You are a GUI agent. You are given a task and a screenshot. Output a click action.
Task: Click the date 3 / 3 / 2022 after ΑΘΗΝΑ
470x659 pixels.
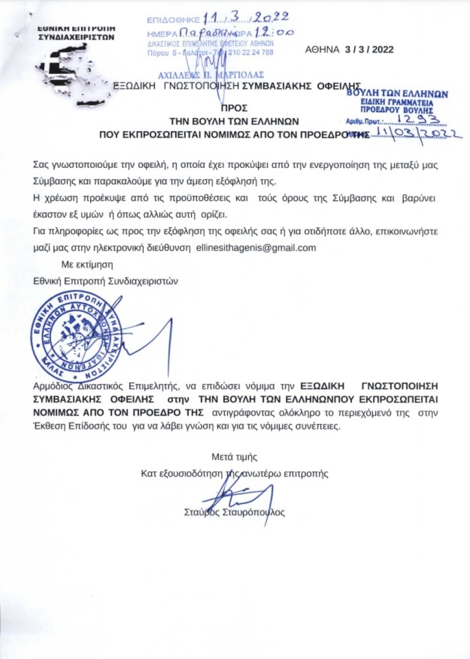tap(369, 50)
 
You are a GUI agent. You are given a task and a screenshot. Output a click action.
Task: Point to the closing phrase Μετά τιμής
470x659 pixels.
tap(235, 457)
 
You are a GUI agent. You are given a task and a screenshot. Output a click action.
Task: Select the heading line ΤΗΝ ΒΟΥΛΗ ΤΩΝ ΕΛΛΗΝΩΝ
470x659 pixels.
tap(234, 120)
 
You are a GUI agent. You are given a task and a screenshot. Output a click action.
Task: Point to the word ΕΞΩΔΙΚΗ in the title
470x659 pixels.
tap(144, 86)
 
